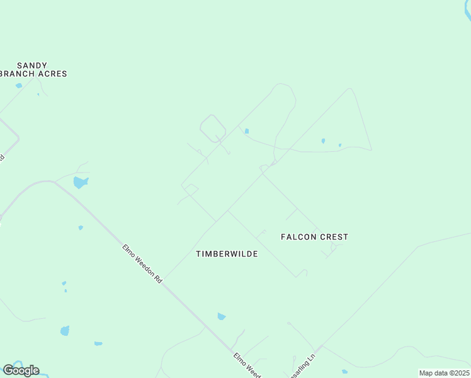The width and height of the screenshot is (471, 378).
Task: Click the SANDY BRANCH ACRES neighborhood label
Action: click(x=33, y=69)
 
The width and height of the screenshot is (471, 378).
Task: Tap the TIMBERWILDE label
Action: click(x=227, y=254)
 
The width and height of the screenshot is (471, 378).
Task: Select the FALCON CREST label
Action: click(x=314, y=237)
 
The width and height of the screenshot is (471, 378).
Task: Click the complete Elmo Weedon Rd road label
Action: click(x=142, y=263)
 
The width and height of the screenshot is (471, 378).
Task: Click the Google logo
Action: click(x=21, y=370)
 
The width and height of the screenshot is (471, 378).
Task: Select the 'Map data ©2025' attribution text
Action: click(x=445, y=373)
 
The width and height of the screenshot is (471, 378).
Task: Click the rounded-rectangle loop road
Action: click(x=213, y=128)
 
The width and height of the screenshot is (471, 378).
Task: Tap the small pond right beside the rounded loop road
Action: click(x=247, y=131)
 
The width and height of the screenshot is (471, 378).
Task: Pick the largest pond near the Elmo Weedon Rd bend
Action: click(x=80, y=183)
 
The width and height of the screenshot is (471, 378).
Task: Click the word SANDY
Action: click(x=33, y=65)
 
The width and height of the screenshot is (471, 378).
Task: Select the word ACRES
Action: click(x=52, y=74)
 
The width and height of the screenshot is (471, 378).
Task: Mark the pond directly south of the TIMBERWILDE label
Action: click(x=221, y=316)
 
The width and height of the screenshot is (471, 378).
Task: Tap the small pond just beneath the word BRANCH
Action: click(x=19, y=86)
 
